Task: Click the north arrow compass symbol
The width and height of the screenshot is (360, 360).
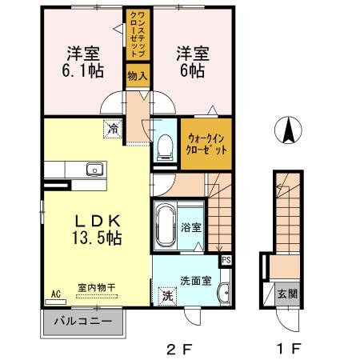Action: [x=288, y=130]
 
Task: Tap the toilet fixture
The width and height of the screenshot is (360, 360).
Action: [x=165, y=147]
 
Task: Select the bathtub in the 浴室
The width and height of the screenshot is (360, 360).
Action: [x=166, y=226]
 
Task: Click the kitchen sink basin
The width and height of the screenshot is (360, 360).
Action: [x=94, y=170]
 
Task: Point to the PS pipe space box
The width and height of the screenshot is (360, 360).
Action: [x=226, y=260]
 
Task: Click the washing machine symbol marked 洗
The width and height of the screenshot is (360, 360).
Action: [x=167, y=296]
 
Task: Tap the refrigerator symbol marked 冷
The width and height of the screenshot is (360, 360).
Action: [x=113, y=129]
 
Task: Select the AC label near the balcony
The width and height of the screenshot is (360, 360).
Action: [x=56, y=294]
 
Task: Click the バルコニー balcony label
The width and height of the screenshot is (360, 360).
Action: [x=83, y=321]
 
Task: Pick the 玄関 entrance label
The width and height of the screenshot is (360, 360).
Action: [x=287, y=294]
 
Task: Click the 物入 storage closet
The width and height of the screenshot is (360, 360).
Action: [x=138, y=76]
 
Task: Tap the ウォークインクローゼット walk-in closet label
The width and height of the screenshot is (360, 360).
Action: [x=206, y=144]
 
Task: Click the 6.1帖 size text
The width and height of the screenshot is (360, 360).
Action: [x=83, y=71]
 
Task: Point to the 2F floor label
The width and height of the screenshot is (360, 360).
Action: [x=179, y=348]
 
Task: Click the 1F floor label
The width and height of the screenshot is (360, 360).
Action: [x=289, y=348]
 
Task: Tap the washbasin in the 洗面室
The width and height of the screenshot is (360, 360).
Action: [x=225, y=293]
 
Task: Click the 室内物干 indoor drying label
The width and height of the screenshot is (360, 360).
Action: [x=97, y=287]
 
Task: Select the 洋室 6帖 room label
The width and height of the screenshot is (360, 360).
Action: [x=193, y=62]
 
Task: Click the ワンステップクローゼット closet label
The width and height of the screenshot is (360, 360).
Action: [x=138, y=34]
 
